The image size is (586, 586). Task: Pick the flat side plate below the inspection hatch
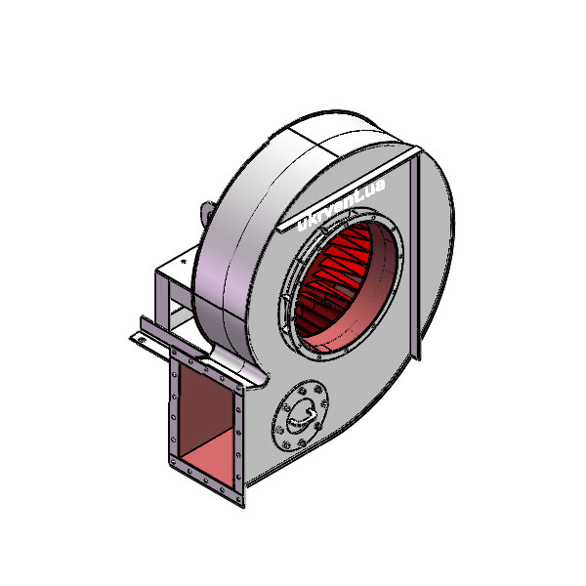(322, 469)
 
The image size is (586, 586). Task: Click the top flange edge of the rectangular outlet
(210, 366)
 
